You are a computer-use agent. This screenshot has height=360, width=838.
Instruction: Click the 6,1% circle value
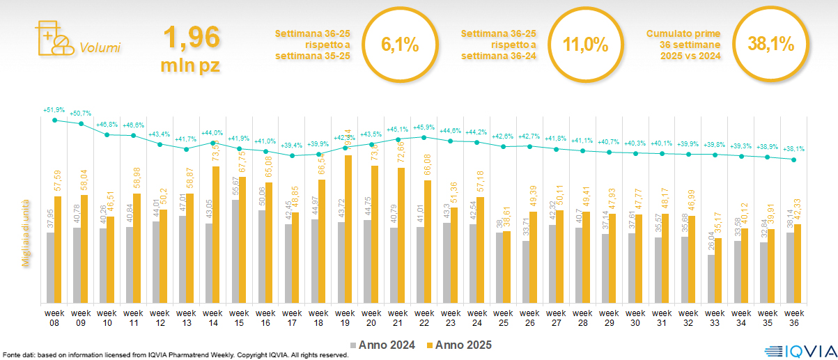[400, 45]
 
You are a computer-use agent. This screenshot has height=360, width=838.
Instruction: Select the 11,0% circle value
[585, 45]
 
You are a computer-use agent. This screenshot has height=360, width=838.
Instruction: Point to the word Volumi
[100, 48]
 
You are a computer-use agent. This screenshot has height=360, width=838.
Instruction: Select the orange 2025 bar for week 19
[348, 229]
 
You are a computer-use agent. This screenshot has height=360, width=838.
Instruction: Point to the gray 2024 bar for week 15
[236, 251]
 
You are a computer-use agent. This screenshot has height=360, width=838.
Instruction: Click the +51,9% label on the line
[54, 110]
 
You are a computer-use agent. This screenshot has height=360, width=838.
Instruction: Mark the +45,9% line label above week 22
[424, 127]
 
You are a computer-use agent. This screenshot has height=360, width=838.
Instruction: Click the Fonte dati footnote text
[174, 355]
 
